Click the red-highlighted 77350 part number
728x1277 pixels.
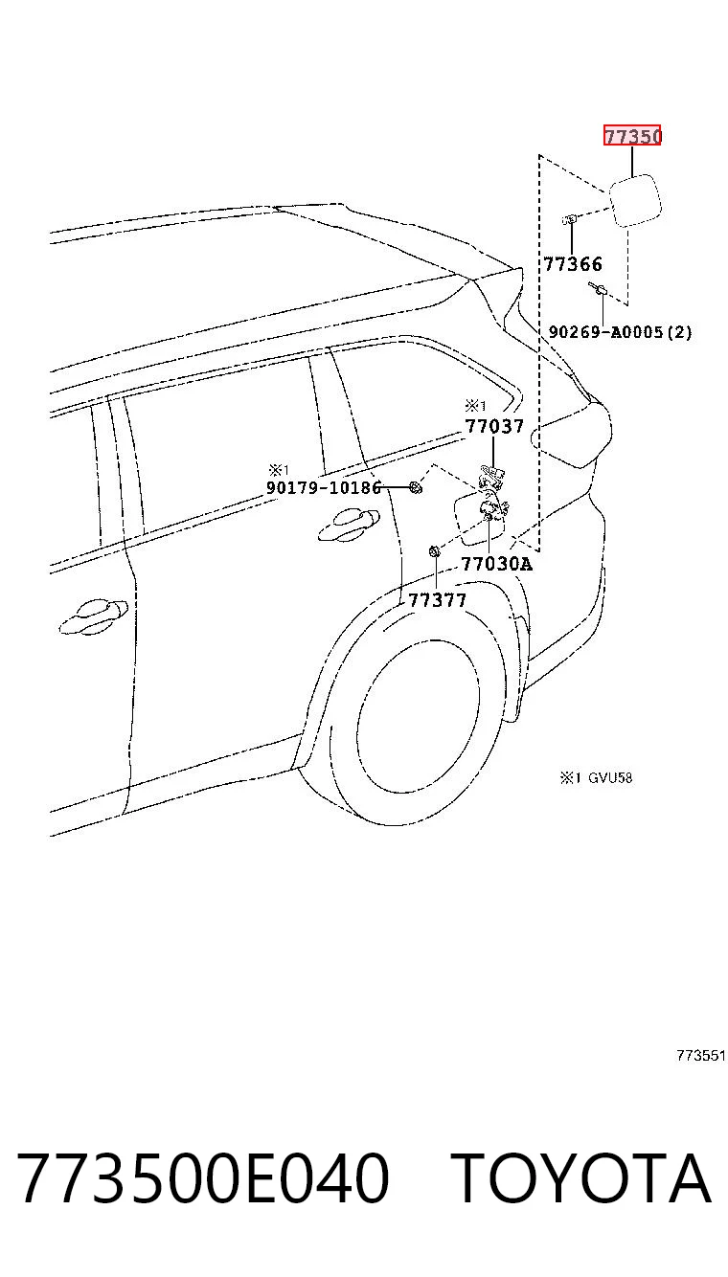(x=632, y=136)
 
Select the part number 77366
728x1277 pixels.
(x=572, y=264)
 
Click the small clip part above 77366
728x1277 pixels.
(x=570, y=219)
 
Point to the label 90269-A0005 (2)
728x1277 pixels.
(x=620, y=331)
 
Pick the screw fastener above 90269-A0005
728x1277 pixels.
(x=597, y=289)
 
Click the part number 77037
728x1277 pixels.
(x=494, y=426)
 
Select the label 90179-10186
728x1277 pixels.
(x=324, y=487)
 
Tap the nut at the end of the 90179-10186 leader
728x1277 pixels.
(x=416, y=487)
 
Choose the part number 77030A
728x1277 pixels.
(x=496, y=564)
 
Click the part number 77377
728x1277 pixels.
(x=437, y=600)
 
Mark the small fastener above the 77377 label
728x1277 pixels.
(x=435, y=551)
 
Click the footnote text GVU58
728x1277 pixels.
(x=610, y=777)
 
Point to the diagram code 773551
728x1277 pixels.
(x=700, y=1056)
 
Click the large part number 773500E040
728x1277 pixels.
(x=203, y=1177)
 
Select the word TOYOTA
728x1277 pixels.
(x=580, y=1177)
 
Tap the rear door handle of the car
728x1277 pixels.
(x=349, y=525)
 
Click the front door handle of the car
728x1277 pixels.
(x=94, y=616)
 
